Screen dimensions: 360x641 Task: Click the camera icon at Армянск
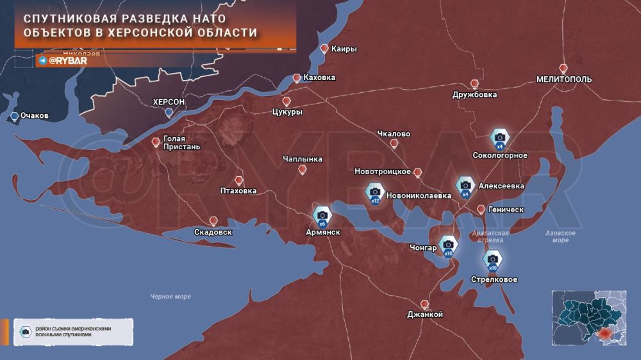[322, 215]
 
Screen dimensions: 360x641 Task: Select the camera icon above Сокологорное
[500, 137]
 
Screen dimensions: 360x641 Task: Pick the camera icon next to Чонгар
[447, 244]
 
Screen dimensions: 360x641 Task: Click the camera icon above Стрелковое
[493, 259]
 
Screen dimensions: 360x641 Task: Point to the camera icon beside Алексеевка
[466, 185]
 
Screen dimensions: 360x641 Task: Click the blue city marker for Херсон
[169, 113]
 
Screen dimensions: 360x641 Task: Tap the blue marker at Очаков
[15, 116]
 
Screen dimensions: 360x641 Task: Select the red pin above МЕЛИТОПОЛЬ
[563, 69]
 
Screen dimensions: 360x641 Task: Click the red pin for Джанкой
[424, 304]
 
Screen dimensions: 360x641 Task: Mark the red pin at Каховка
[296, 78]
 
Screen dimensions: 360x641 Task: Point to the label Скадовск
[213, 232]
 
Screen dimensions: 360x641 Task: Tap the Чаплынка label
[303, 159]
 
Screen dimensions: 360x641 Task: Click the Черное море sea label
[171, 296]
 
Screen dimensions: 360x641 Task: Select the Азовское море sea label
[560, 236]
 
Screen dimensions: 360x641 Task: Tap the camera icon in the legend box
[25, 331]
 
